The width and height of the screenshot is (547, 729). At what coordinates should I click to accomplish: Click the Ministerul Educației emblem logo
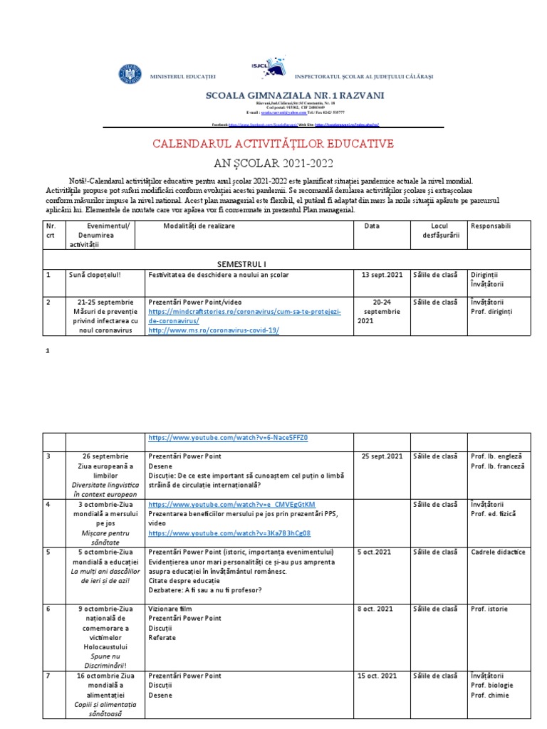pos(130,75)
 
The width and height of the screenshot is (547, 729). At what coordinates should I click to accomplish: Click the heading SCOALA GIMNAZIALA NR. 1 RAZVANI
pos(294,95)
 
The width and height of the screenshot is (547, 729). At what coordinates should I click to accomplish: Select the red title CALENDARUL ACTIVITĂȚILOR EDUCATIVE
pos(273,145)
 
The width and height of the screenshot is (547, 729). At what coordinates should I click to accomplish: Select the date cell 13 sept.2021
pos(382,275)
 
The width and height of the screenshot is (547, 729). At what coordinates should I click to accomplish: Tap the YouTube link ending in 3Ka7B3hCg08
pos(229,533)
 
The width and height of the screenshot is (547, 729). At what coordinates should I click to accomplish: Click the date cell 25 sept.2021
pos(382,456)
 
